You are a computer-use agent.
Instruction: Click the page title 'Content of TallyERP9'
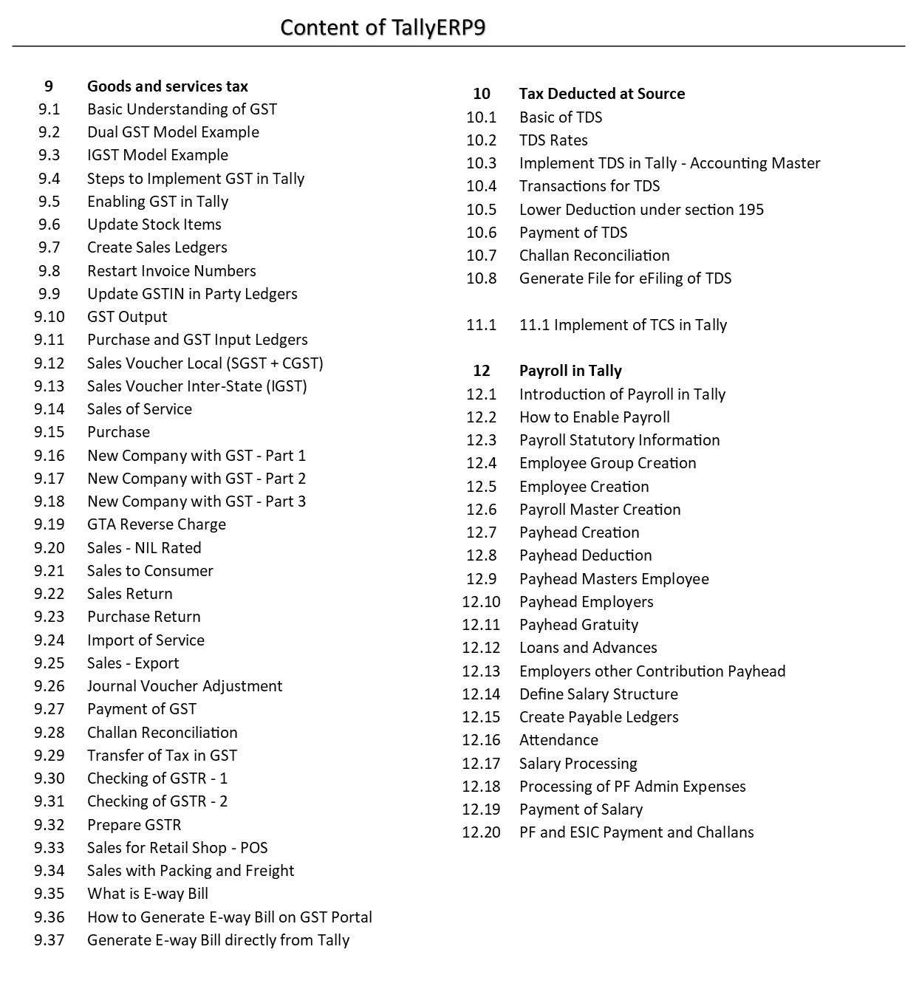[383, 27]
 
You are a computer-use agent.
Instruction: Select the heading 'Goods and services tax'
[168, 86]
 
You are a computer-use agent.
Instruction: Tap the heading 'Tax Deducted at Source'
[601, 94]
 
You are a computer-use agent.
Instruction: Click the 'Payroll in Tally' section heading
[570, 371]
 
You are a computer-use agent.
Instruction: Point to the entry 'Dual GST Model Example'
[173, 132]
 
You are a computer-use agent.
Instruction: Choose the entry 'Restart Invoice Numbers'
[171, 271]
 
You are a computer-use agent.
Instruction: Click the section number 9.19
[49, 524]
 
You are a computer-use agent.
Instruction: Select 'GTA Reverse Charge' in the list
[157, 524]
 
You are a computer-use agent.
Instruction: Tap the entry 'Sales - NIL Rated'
[144, 548]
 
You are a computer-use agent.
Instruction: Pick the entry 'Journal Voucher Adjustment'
[185, 686]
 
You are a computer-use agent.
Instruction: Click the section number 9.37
[49, 940]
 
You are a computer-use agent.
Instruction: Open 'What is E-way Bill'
[148, 894]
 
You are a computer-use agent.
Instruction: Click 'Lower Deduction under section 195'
[641, 210]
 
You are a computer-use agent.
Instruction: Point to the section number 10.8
[481, 278]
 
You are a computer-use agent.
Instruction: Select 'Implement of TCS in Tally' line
[623, 325]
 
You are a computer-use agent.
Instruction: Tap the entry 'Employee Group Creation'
[607, 463]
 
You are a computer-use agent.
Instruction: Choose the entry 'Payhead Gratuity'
[578, 625]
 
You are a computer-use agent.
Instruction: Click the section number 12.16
[481, 740]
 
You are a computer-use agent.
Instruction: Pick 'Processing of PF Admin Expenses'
[632, 787]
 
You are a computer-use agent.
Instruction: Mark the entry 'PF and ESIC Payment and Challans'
[636, 832]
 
